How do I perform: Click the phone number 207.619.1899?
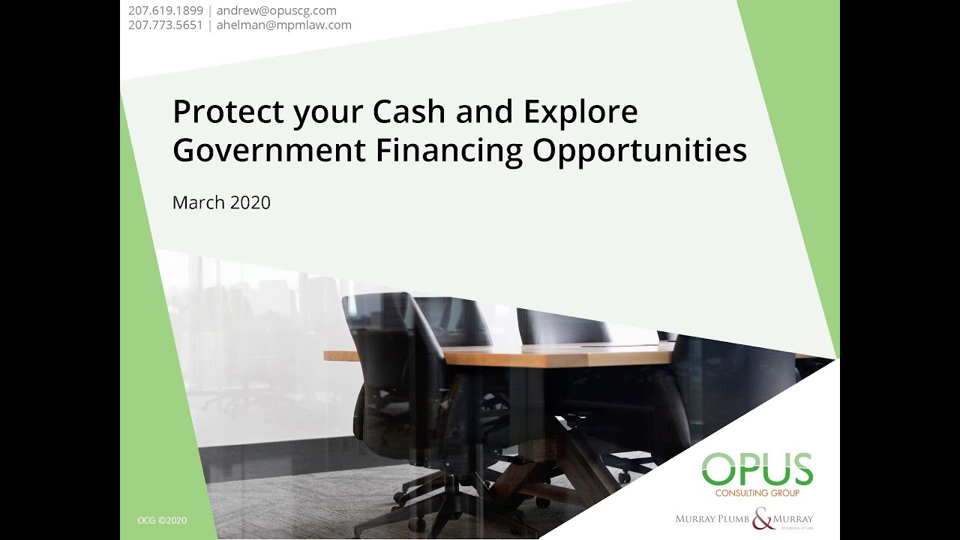coord(166,10)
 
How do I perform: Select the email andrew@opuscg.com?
coord(277,10)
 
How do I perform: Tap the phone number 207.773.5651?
coord(166,25)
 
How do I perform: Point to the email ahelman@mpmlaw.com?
coord(284,25)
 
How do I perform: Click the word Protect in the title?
coord(228,112)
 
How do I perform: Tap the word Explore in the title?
coord(580,112)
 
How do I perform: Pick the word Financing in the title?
coord(449,151)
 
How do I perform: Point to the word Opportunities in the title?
coord(640,151)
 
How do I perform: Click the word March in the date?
coord(199,202)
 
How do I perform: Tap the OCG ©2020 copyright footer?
coord(162,520)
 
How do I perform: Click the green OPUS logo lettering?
coord(757,469)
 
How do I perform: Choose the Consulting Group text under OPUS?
coord(757,493)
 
